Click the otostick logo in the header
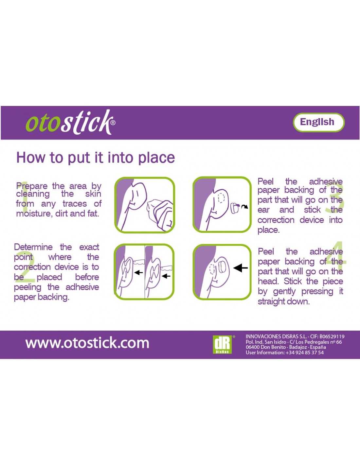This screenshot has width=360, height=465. pos(70,122)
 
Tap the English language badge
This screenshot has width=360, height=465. pos(318,122)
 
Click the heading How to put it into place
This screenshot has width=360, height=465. pos(96,158)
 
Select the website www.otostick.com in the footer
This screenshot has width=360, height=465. pos(87,343)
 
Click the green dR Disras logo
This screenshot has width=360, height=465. pos(223,344)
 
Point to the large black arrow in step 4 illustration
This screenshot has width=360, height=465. pos(240,268)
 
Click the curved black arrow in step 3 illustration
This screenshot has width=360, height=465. pos(244,206)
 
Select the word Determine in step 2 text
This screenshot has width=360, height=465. pos(33,247)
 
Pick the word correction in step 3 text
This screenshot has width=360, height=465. pos(276,220)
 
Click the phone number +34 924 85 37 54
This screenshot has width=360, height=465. pos(305,353)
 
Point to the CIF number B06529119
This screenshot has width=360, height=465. pos(332,336)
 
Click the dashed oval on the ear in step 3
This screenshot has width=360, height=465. pos(221,198)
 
